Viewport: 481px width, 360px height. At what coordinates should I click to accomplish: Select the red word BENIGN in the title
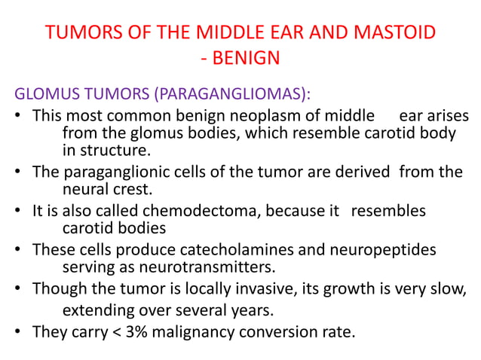246,59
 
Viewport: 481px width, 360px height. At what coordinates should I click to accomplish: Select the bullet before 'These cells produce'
21,249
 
